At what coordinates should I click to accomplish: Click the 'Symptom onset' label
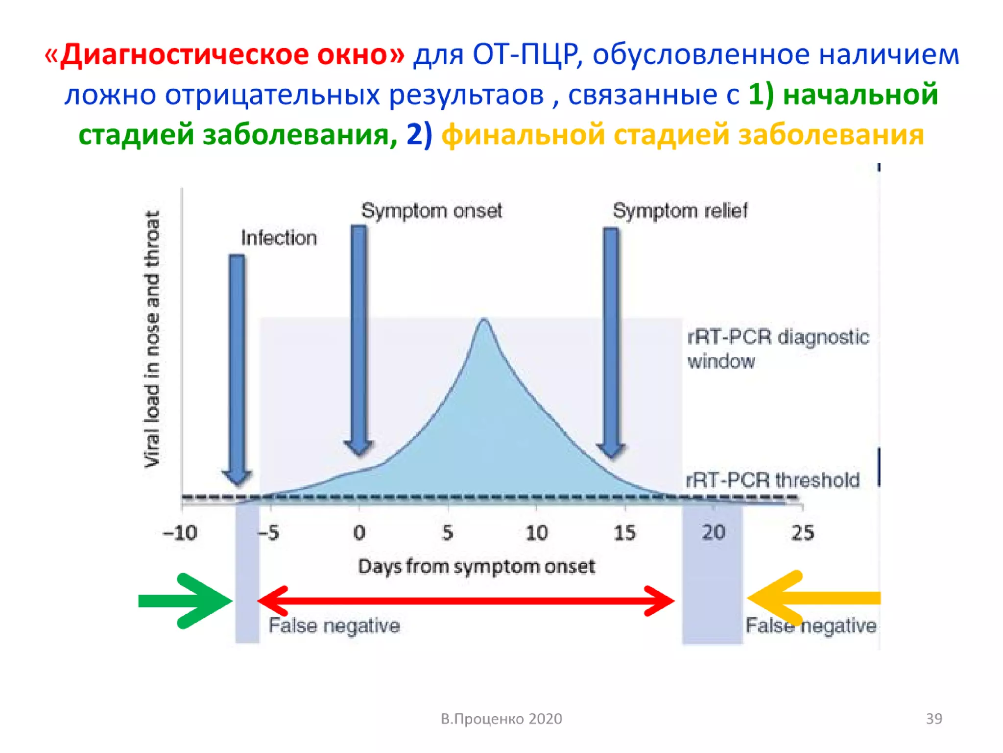pyautogui.click(x=431, y=211)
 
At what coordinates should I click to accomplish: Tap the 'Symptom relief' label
pyautogui.click(x=680, y=211)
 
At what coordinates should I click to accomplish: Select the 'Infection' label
pyautogui.click(x=279, y=238)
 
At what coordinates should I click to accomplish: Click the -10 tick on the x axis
pyautogui.click(x=180, y=533)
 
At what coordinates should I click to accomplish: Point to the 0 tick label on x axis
pyautogui.click(x=359, y=533)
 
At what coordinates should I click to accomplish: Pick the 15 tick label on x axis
pyautogui.click(x=624, y=533)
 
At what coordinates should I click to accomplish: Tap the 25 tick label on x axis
pyautogui.click(x=803, y=533)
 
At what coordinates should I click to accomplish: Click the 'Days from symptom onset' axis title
pyautogui.click(x=476, y=567)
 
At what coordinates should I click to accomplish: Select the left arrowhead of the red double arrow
pyautogui.click(x=271, y=600)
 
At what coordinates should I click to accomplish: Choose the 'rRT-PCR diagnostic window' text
pyautogui.click(x=777, y=349)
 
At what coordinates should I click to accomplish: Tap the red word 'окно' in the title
pyautogui.click(x=360, y=54)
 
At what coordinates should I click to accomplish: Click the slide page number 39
pyautogui.click(x=933, y=719)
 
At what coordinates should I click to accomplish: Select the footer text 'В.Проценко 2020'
pyautogui.click(x=501, y=719)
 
